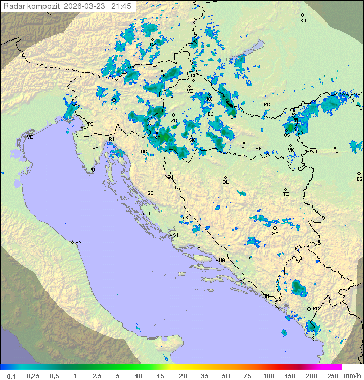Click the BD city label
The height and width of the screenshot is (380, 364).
tap(303, 21)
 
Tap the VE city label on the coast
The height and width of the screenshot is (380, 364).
tap(30, 137)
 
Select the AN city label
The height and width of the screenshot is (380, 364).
tap(78, 242)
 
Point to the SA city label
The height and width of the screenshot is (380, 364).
tap(275, 234)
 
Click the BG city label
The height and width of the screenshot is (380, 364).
tap(359, 179)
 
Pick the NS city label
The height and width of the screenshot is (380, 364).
tap(335, 153)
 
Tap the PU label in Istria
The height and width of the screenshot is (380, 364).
tap(92, 170)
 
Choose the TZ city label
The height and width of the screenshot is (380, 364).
tap(286, 194)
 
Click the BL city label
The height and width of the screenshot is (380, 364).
tap(226, 182)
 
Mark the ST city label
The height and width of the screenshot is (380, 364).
tap(200, 247)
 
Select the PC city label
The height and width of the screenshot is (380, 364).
tap(267, 105)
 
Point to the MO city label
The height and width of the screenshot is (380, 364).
tap(254, 257)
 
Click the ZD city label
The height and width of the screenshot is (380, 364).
tap(148, 214)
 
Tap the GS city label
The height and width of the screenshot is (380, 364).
tap(150, 193)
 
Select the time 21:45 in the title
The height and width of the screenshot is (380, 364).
tap(122, 6)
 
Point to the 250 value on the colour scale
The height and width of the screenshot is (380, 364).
tap(333, 376)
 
